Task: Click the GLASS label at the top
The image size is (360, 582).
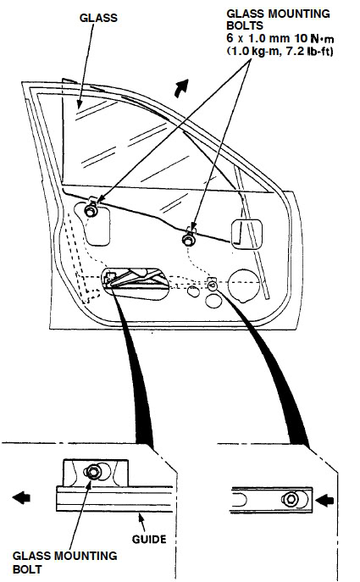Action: pos(98,18)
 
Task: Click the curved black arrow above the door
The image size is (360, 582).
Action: pos(181,88)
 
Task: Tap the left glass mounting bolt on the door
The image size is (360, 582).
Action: pos(91,211)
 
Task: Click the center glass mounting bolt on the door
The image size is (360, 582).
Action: pos(189,240)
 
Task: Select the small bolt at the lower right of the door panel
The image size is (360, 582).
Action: pos(213,285)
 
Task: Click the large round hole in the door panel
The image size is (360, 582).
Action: pos(243,285)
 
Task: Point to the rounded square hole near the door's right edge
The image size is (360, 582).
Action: pos(246,234)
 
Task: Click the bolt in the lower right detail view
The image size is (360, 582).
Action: pos(291,499)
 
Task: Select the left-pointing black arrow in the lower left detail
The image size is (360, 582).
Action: pos(21,497)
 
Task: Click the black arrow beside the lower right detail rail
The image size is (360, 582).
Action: pos(324,500)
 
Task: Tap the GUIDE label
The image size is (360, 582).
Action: pos(149,539)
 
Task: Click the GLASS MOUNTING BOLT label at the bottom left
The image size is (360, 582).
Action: pos(64,562)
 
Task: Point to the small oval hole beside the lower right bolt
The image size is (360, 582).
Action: pos(193,291)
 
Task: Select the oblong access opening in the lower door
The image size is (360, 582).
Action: pos(135,284)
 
